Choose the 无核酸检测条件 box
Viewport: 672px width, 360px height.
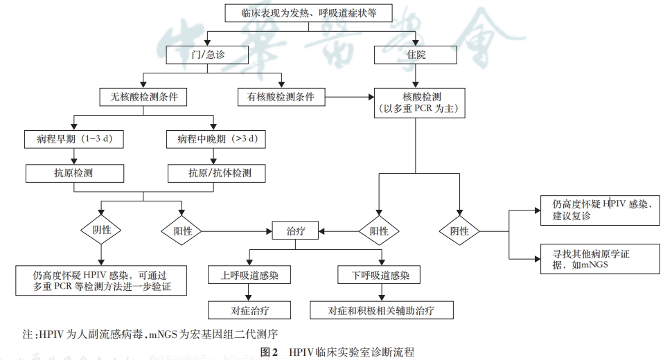143,97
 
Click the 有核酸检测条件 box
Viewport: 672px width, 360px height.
281,97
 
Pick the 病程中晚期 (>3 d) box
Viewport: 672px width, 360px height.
218,139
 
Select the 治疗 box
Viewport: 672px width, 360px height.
296,231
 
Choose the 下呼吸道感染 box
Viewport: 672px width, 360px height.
379,275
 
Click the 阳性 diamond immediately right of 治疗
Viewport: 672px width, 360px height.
379,231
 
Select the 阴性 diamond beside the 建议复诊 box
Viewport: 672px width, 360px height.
459,231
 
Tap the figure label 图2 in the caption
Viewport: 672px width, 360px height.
269,352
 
